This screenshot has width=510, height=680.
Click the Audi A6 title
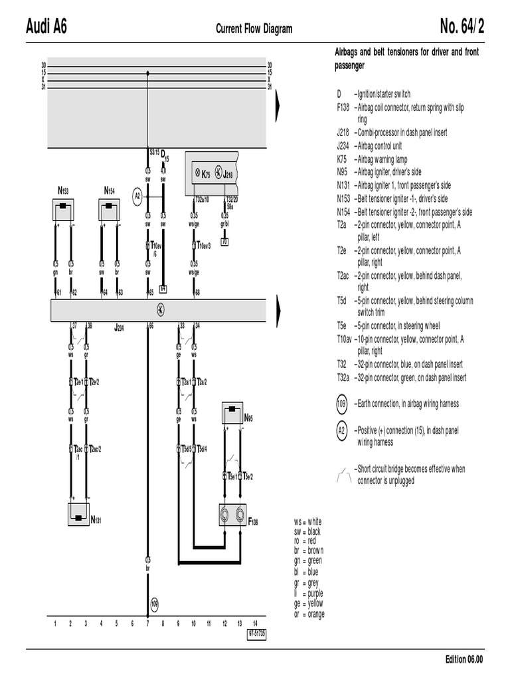click(x=46, y=28)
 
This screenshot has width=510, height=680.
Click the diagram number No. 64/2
click(x=462, y=28)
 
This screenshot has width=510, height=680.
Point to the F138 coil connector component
click(x=234, y=515)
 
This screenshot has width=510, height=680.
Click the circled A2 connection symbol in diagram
click(x=138, y=196)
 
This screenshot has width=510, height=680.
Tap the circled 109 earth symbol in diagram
click(x=154, y=604)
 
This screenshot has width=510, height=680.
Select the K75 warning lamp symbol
click(x=197, y=174)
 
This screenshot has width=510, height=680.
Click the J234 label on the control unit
click(x=120, y=327)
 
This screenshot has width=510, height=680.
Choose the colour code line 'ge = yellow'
click(x=306, y=604)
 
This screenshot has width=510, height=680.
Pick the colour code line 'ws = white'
click(x=306, y=522)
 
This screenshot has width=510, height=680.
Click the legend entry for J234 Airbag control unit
click(x=379, y=146)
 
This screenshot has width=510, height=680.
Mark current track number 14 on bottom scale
click(x=255, y=624)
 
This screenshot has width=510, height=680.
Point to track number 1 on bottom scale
click(x=54, y=624)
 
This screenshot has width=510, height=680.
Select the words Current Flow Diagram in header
click(x=254, y=29)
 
